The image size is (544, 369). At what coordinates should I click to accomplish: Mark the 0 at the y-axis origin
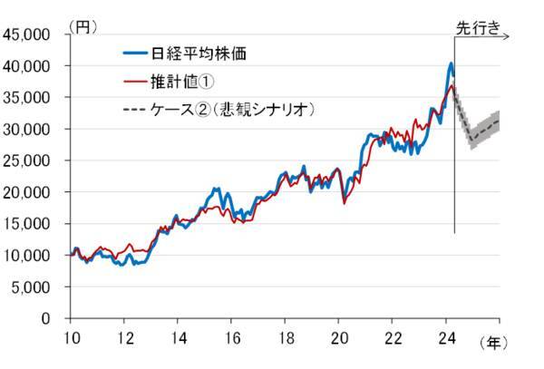tap(53, 319)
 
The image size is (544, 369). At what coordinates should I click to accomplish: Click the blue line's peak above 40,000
tap(452, 63)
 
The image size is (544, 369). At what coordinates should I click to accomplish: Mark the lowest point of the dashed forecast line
tap(471, 141)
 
